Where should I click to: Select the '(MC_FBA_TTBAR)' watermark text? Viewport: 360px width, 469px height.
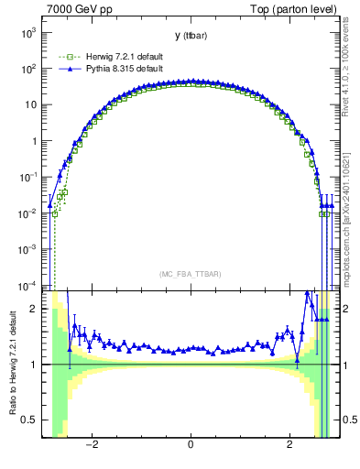(190, 275)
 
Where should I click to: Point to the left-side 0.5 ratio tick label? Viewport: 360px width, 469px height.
(29, 420)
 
